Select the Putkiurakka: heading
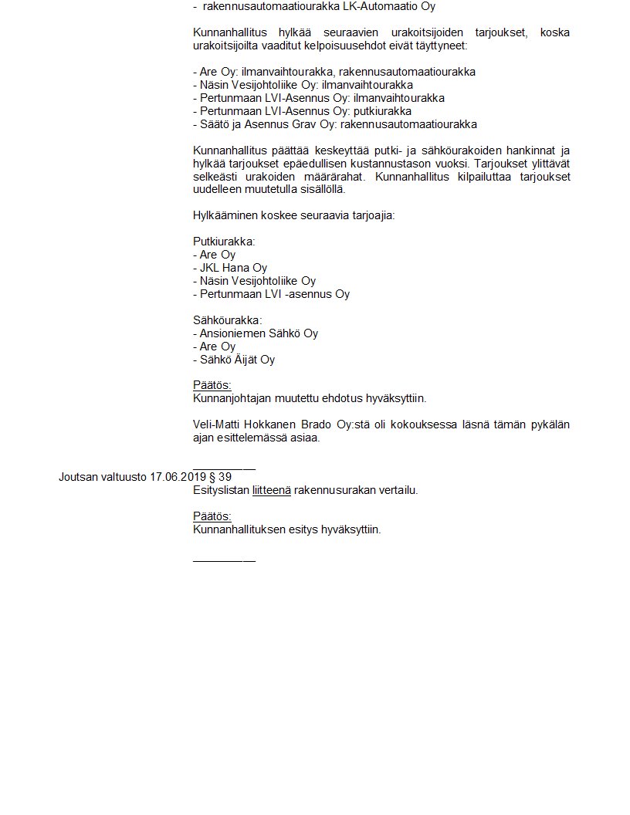(224, 242)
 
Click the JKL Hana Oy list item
(230, 268)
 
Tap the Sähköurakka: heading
(227, 320)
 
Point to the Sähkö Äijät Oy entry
(234, 360)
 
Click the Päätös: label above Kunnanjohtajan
(212, 385)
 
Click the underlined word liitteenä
(271, 490)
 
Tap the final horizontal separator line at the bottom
(224, 559)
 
